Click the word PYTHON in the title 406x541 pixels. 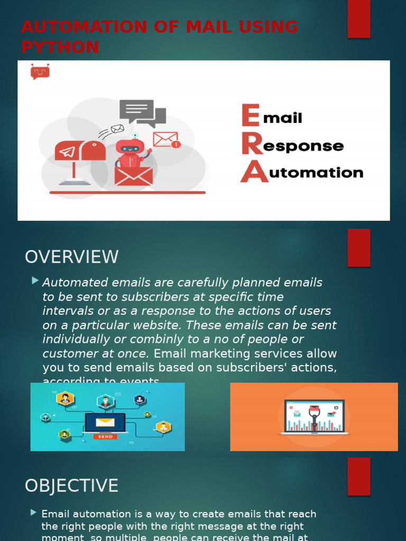[x=60, y=47]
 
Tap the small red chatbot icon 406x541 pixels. [x=40, y=71]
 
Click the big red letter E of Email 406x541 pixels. [x=251, y=116]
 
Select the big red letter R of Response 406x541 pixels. [x=252, y=144]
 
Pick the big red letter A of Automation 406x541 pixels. [x=254, y=172]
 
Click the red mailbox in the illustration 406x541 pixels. [x=80, y=152]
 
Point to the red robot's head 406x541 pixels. [x=130, y=147]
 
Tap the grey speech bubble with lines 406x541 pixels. [x=136, y=110]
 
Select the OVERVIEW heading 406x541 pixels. [x=72, y=257]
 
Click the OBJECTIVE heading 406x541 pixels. [x=72, y=486]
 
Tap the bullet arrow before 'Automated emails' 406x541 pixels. [x=35, y=280]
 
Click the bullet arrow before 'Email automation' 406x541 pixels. [x=34, y=512]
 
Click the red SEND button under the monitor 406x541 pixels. [x=105, y=437]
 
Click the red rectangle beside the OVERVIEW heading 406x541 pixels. [x=358, y=248]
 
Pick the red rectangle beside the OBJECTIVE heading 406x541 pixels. [x=358, y=476]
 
